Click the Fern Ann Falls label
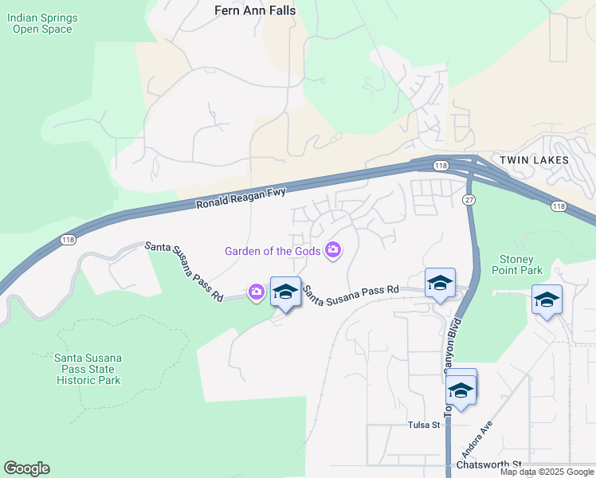[254, 10]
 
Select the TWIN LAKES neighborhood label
[534, 160]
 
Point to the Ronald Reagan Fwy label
[241, 197]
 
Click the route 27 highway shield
[469, 199]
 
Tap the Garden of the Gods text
[273, 251]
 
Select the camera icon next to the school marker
[257, 292]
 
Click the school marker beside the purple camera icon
[284, 292]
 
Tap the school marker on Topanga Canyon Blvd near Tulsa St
[461, 390]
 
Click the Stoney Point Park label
[520, 264]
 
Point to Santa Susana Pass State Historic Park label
[88, 369]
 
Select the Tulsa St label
[424, 425]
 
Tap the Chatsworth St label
[488, 464]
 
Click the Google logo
[26, 468]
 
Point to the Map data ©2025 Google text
[547, 472]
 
